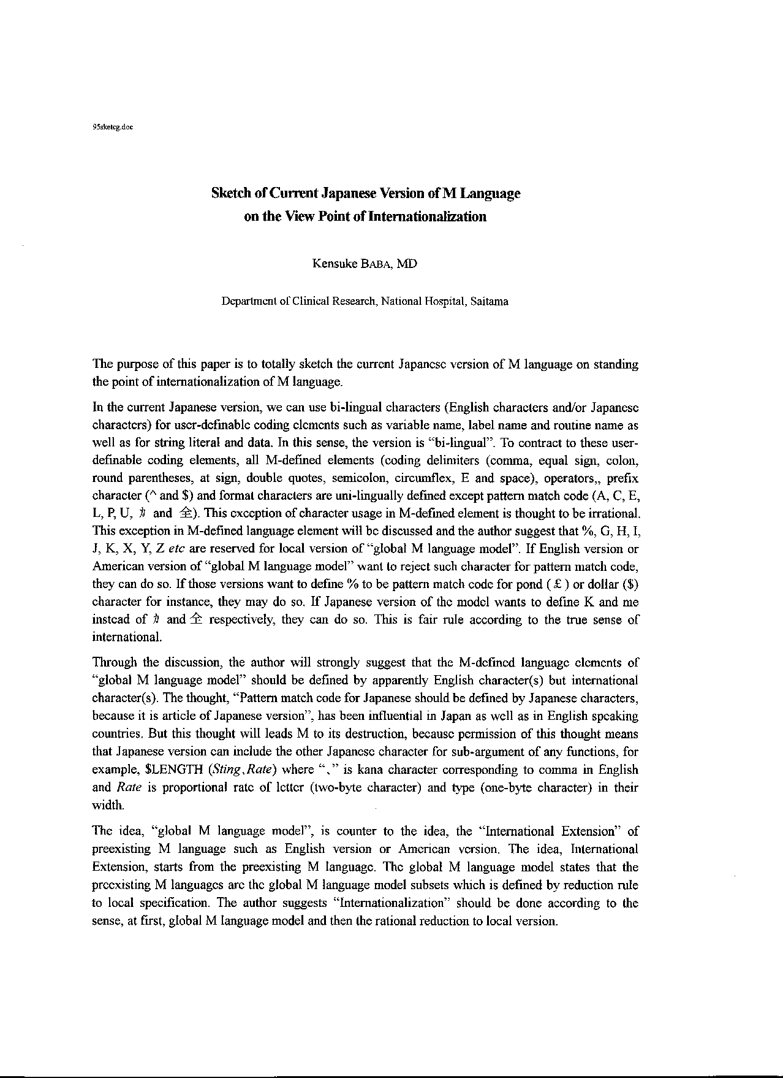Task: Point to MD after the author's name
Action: coord(407,264)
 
